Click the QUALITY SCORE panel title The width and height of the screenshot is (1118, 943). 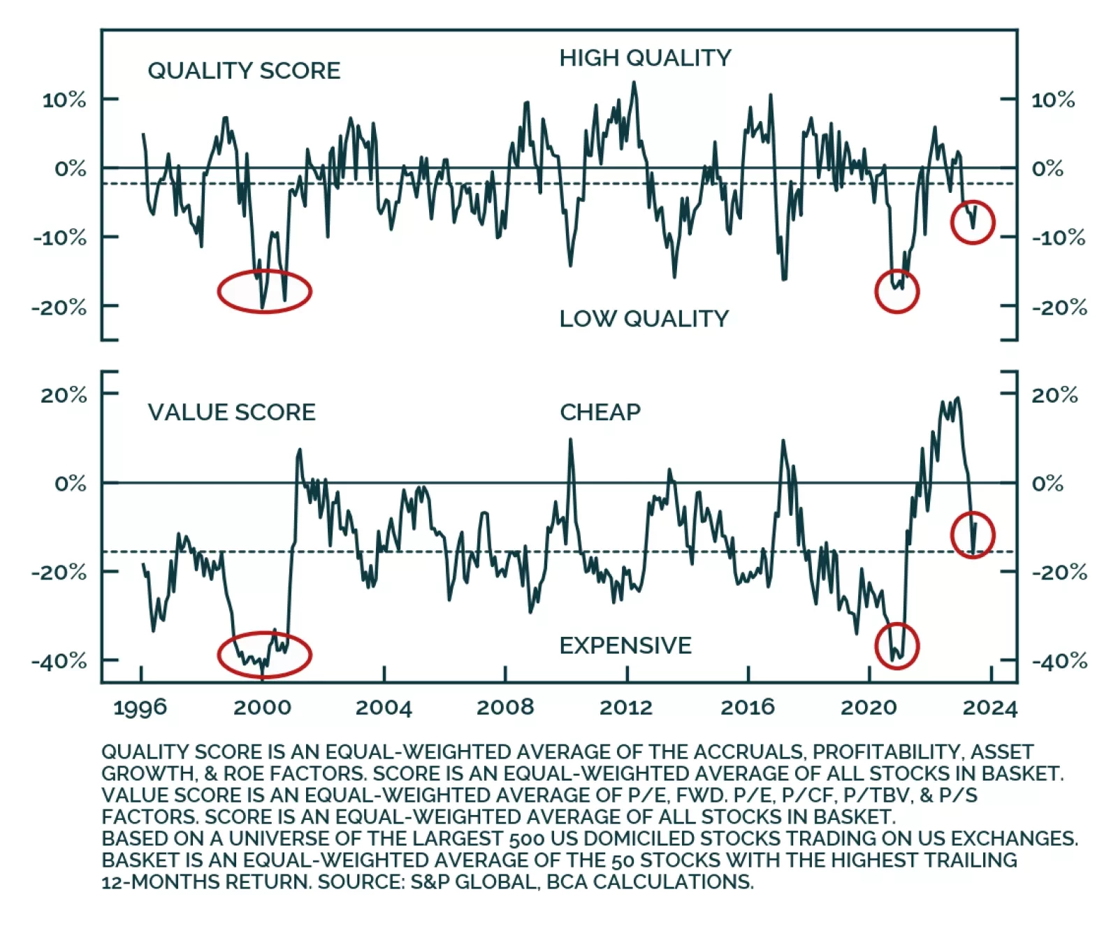pyautogui.click(x=244, y=71)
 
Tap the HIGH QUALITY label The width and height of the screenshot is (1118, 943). pyautogui.click(x=645, y=58)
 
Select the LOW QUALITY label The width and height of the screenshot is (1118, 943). pyautogui.click(x=644, y=319)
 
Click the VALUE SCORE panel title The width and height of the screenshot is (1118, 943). pyautogui.click(x=231, y=412)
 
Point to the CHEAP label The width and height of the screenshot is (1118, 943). pyautogui.click(x=600, y=412)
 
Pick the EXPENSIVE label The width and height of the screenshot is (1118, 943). pyautogui.click(x=625, y=645)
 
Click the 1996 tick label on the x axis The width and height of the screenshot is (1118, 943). pyautogui.click(x=140, y=707)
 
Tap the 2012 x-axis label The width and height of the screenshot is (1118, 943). pyautogui.click(x=626, y=707)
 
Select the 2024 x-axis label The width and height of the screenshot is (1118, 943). pyautogui.click(x=990, y=707)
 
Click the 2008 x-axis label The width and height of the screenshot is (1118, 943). pyautogui.click(x=504, y=707)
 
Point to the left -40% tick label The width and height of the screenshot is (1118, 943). pyautogui.click(x=59, y=661)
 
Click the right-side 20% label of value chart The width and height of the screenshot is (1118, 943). pyautogui.click(x=1054, y=395)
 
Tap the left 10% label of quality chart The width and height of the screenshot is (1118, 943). pyautogui.click(x=64, y=100)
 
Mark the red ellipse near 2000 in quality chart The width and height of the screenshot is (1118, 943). pyautogui.click(x=264, y=291)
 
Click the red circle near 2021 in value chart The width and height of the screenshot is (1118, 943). pyautogui.click(x=896, y=646)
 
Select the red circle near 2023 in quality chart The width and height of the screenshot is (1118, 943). pyautogui.click(x=972, y=222)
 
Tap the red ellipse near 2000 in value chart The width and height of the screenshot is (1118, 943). pyautogui.click(x=264, y=655)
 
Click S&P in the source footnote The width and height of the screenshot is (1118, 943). pyautogui.click(x=430, y=882)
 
